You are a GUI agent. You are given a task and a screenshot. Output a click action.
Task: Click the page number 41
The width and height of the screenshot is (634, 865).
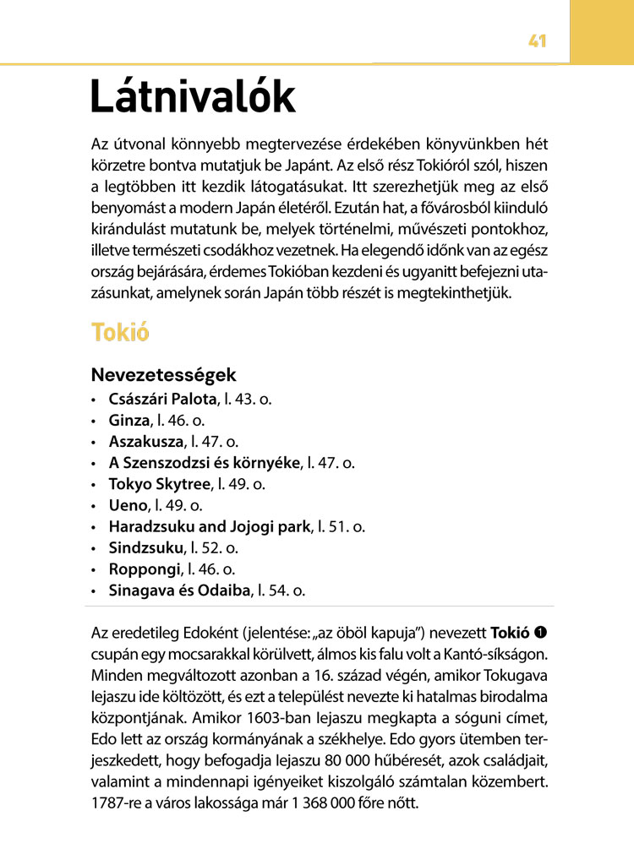[x=537, y=41]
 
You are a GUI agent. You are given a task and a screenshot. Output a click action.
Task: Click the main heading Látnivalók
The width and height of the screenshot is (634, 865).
[x=193, y=96]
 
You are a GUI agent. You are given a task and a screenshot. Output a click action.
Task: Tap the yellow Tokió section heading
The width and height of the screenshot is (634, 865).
[x=121, y=332]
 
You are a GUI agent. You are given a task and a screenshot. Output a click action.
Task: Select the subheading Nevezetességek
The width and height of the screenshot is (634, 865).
[x=163, y=374]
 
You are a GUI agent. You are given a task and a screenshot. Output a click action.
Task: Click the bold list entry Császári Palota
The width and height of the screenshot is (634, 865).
[x=163, y=397]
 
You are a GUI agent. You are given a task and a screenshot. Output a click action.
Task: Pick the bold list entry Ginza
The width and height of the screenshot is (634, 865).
[x=128, y=419]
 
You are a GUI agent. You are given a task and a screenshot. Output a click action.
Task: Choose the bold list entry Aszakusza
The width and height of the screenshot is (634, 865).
[x=146, y=441]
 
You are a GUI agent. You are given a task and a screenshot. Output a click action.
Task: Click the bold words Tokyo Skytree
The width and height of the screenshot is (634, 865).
[x=159, y=484]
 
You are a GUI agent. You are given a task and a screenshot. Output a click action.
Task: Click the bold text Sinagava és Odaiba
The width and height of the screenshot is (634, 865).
[x=180, y=591]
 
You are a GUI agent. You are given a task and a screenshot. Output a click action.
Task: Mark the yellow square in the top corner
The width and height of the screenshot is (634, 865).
[x=602, y=31]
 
